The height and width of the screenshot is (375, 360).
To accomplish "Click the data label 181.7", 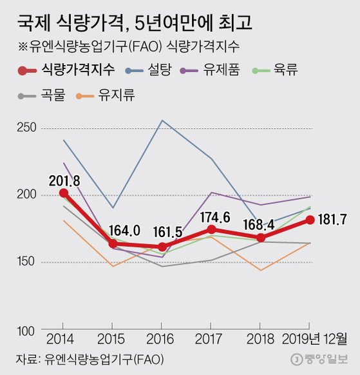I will pyautogui.click(x=333, y=220).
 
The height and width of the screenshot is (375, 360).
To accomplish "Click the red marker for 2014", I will pyautogui.click(x=63, y=193).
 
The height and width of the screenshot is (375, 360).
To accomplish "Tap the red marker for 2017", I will pyautogui.click(x=212, y=229).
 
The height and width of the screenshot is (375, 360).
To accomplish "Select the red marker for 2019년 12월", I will pyautogui.click(x=310, y=220).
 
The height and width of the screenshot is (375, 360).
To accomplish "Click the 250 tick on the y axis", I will pyautogui.click(x=29, y=128).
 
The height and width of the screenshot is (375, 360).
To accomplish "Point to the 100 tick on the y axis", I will pyautogui.click(x=29, y=331).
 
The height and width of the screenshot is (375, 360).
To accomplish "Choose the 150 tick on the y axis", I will pyautogui.click(x=29, y=262).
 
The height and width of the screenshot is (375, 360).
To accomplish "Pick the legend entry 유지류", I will pyautogui.click(x=117, y=97).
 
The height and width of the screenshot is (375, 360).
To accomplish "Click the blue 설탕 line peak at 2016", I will pyautogui.click(x=162, y=120).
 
